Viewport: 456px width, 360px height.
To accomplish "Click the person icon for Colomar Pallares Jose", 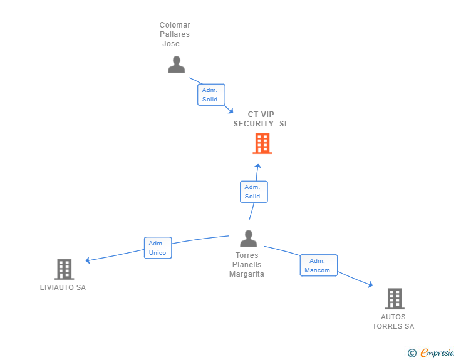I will click(x=177, y=64).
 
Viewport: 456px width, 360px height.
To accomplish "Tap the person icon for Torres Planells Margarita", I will click(x=249, y=239).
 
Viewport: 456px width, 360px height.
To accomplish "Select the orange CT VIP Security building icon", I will click(x=262, y=143).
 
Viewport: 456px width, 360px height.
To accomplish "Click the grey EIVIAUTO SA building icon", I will click(x=64, y=269).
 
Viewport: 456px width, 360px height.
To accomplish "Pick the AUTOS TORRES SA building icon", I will click(x=394, y=299).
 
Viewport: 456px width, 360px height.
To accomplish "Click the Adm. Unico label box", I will click(x=157, y=248).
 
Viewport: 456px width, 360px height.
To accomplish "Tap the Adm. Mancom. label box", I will click(x=318, y=265).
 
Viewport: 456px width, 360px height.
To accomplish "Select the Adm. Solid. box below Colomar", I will click(x=210, y=95).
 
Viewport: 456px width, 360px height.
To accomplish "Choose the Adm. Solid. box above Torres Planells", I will click(x=253, y=192).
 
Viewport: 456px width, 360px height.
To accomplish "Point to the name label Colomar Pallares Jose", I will click(x=175, y=34).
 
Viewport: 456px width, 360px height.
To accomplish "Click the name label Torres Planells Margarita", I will click(x=247, y=265).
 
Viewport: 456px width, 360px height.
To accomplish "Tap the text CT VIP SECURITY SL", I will click(x=261, y=119).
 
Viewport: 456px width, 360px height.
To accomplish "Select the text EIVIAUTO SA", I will click(x=63, y=288).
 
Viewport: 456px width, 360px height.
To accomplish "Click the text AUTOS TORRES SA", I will click(x=393, y=321).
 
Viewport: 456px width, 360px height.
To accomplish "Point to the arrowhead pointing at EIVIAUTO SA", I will click(x=88, y=260).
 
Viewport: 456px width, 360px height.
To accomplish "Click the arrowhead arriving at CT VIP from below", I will click(x=257, y=167).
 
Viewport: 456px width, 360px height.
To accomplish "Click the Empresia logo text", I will click(x=437, y=353).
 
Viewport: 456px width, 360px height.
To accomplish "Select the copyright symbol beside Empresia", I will click(x=412, y=353).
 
